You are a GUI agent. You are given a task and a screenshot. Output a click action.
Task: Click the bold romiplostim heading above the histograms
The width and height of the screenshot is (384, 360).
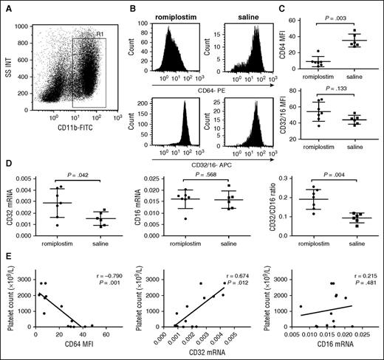point(176,16)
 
